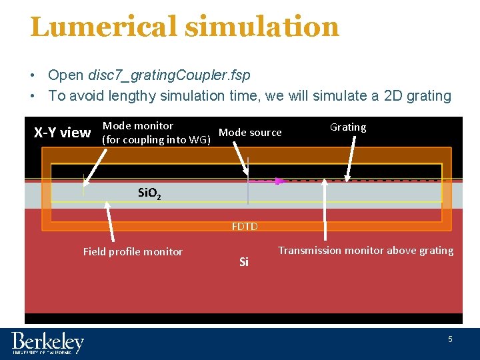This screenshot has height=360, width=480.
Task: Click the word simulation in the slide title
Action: pyautogui.click(x=262, y=27)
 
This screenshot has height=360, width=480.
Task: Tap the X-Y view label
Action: pyautogui.click(x=62, y=133)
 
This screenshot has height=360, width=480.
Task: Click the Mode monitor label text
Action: pyautogui.click(x=138, y=125)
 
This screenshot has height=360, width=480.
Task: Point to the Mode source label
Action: pyautogui.click(x=250, y=133)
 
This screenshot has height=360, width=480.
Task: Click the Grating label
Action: pyautogui.click(x=348, y=127)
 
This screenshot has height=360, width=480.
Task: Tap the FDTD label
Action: pyautogui.click(x=245, y=227)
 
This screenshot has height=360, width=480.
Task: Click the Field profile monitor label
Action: pyautogui.click(x=133, y=251)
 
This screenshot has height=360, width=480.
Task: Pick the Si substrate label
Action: pyautogui.click(x=244, y=262)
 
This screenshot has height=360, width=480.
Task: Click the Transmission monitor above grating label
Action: pyautogui.click(x=365, y=251)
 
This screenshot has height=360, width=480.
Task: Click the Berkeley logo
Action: pyautogui.click(x=47, y=343)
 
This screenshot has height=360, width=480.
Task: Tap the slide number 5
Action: pyautogui.click(x=450, y=339)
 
